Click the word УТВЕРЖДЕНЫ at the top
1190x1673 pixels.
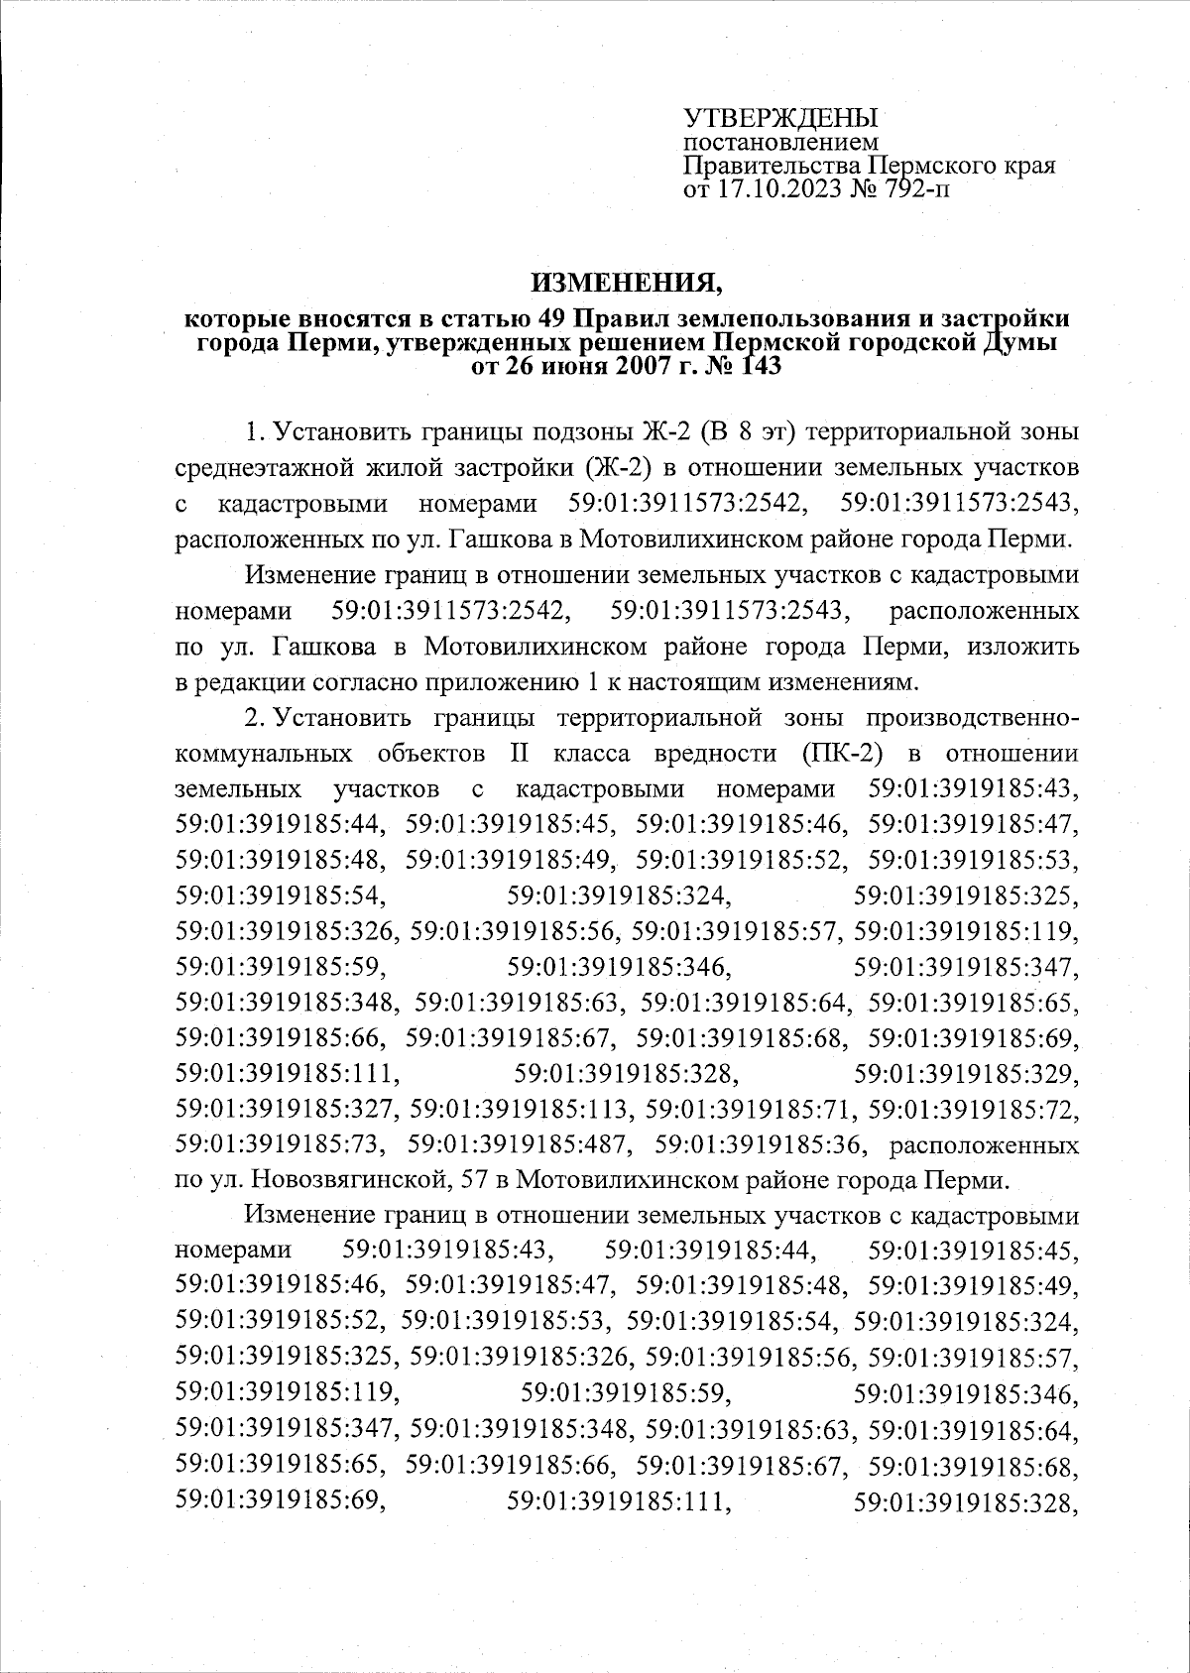click(781, 118)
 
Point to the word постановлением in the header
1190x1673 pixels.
click(762, 144)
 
